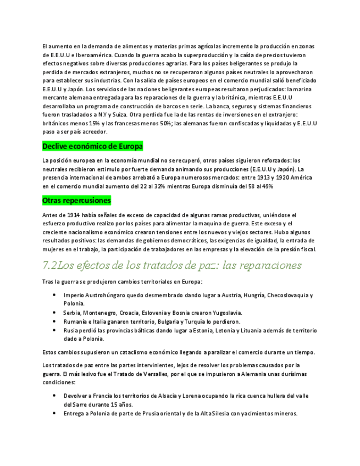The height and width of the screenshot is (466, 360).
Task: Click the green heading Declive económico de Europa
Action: coord(92,146)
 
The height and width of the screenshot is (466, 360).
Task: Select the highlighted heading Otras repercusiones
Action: coord(76,201)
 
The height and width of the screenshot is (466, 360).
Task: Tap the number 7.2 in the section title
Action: coord(49,266)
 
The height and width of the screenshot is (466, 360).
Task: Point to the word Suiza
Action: coord(119,114)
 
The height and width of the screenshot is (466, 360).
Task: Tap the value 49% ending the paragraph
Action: coord(267,186)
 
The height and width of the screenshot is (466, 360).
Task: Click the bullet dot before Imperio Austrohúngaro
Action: coord(54,295)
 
